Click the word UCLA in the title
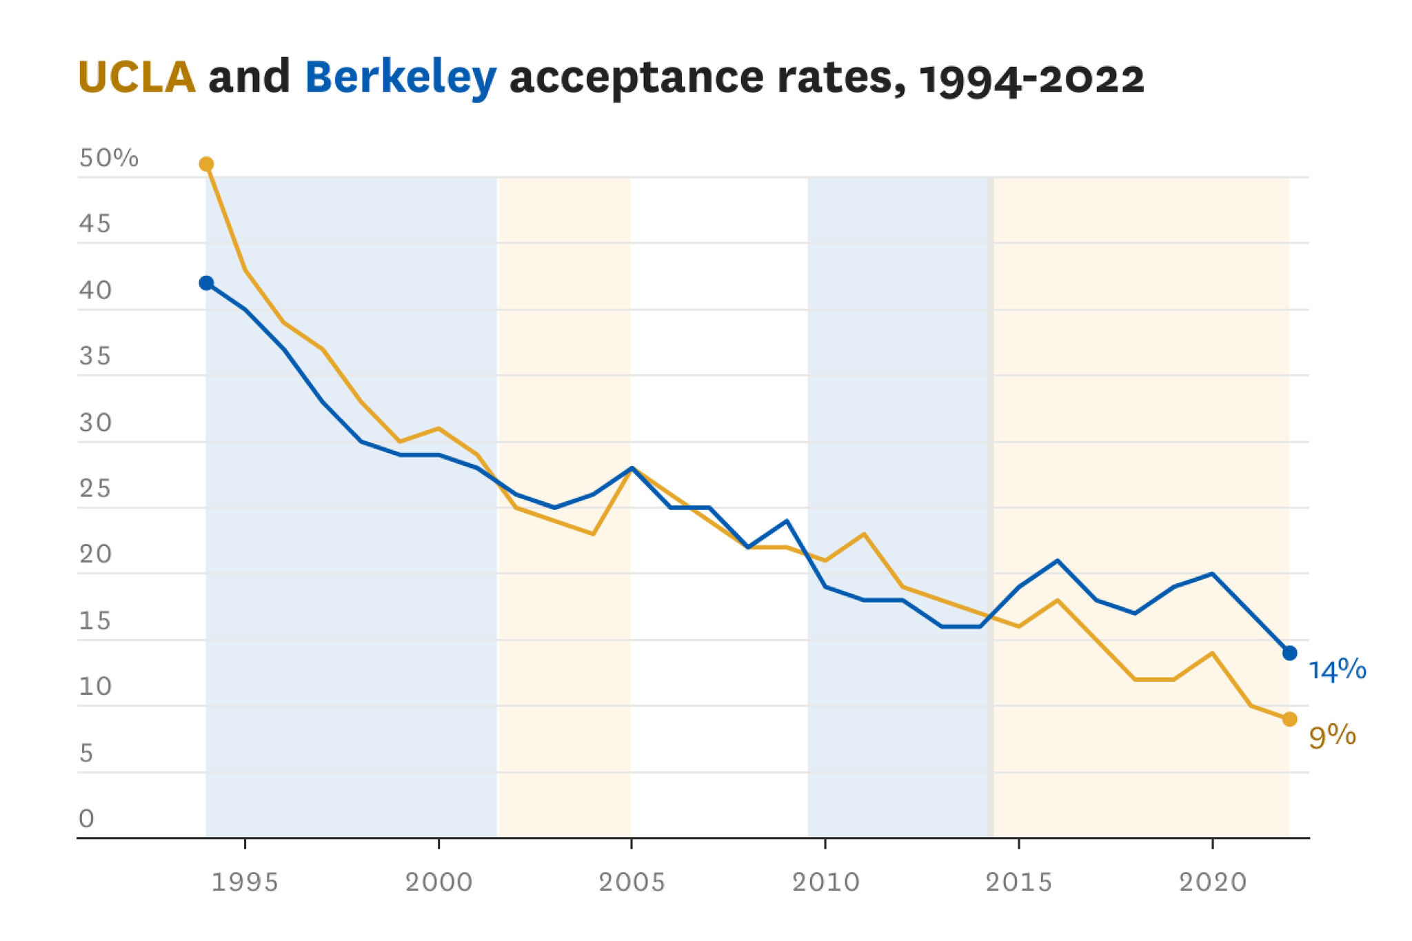click(137, 77)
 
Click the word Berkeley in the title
click(401, 78)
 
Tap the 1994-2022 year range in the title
click(1031, 78)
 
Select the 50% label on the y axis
click(108, 158)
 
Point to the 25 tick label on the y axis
click(95, 488)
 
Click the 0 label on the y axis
click(86, 818)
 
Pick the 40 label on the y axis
click(95, 290)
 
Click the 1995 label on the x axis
click(245, 882)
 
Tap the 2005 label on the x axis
click(632, 882)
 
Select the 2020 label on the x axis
click(1213, 882)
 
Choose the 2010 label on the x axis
click(825, 882)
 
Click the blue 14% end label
click(1337, 669)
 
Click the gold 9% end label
click(1332, 736)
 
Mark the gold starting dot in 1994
click(206, 164)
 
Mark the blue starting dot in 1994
click(206, 283)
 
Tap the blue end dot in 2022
click(1289, 653)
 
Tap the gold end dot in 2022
click(1289, 719)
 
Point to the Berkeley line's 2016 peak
click(1058, 560)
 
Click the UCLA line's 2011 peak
click(864, 534)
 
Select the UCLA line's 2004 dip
click(593, 534)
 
